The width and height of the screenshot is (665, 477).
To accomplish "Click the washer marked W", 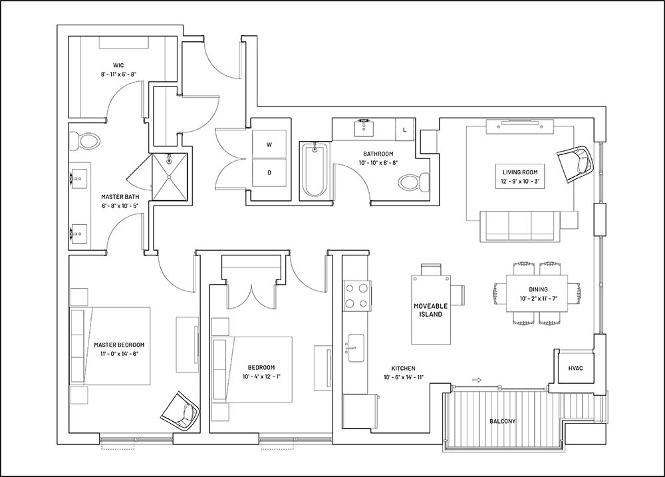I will [269, 144].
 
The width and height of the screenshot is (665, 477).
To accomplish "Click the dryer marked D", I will [269, 172].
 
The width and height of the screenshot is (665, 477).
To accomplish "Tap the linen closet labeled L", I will [405, 130].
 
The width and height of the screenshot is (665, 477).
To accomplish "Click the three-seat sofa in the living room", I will [521, 226].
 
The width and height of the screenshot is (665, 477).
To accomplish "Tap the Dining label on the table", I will [538, 289].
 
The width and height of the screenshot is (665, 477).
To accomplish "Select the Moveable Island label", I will [430, 310].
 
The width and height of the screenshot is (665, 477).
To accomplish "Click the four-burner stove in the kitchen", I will [357, 297].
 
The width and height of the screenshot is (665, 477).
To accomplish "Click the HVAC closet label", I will [575, 369].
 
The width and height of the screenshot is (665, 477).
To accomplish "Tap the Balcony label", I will [502, 421].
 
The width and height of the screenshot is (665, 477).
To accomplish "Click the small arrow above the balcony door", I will [476, 381].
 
